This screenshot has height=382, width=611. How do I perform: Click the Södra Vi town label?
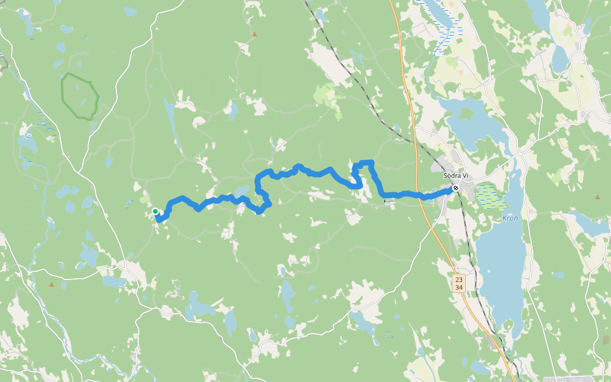click(456, 176)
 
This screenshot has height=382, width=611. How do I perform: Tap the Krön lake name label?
click(510, 217)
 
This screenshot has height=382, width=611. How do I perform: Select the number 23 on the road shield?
click(459, 279)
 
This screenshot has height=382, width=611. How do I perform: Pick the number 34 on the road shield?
click(459, 288)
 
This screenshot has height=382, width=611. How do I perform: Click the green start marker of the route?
click(155, 211)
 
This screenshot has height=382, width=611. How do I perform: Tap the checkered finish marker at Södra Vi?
click(456, 188)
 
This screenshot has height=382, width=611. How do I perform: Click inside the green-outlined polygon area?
click(80, 96)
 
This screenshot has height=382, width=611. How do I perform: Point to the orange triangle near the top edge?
click(255, 34)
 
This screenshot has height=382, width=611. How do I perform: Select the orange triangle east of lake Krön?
click(597, 197)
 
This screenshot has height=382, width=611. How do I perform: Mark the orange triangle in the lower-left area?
click(52, 284)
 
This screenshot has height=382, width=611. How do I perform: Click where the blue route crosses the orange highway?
click(421, 196)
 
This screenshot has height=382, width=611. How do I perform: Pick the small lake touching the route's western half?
click(242, 192)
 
